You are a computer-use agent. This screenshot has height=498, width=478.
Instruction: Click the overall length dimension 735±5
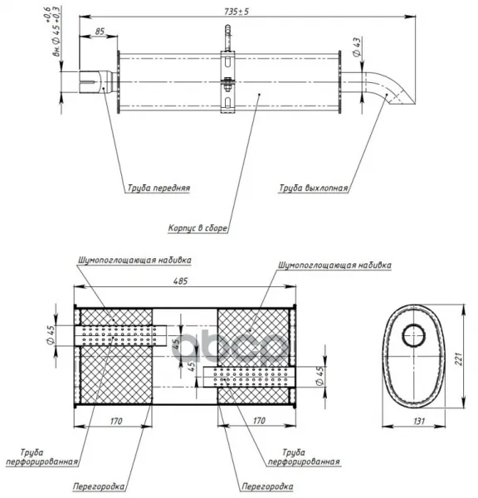[x=237, y=12]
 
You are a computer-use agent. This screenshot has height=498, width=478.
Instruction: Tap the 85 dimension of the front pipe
[x=100, y=32]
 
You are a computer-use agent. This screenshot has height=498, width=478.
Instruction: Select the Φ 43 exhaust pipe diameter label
[x=357, y=47]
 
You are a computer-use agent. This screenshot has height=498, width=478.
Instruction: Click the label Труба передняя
[x=159, y=188]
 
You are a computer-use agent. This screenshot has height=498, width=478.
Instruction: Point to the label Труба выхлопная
[x=314, y=188]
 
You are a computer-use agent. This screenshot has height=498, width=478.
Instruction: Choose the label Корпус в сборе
[x=198, y=228]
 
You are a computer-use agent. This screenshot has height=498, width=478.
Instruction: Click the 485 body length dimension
[x=180, y=281]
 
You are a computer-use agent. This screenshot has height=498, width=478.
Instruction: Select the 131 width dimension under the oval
[x=419, y=421]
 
